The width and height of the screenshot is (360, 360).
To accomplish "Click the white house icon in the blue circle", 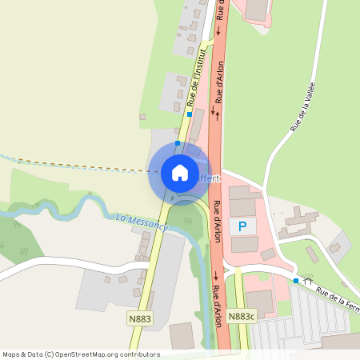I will pyautogui.click(x=179, y=172).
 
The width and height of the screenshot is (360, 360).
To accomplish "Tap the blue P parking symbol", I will pyautogui.click(x=242, y=227).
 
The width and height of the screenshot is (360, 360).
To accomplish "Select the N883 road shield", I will pyautogui.click(x=139, y=318).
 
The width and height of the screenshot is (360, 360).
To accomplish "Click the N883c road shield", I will pyautogui.click(x=241, y=317).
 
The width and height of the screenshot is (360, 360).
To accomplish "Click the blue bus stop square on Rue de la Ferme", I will pyautogui.click(x=296, y=281).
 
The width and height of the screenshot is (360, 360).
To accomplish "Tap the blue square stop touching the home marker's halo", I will pyautogui.click(x=178, y=143).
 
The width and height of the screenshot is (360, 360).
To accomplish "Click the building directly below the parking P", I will pyautogui.click(x=245, y=245).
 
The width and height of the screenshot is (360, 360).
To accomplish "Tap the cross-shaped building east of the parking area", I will pyautogui.click(x=298, y=222).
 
